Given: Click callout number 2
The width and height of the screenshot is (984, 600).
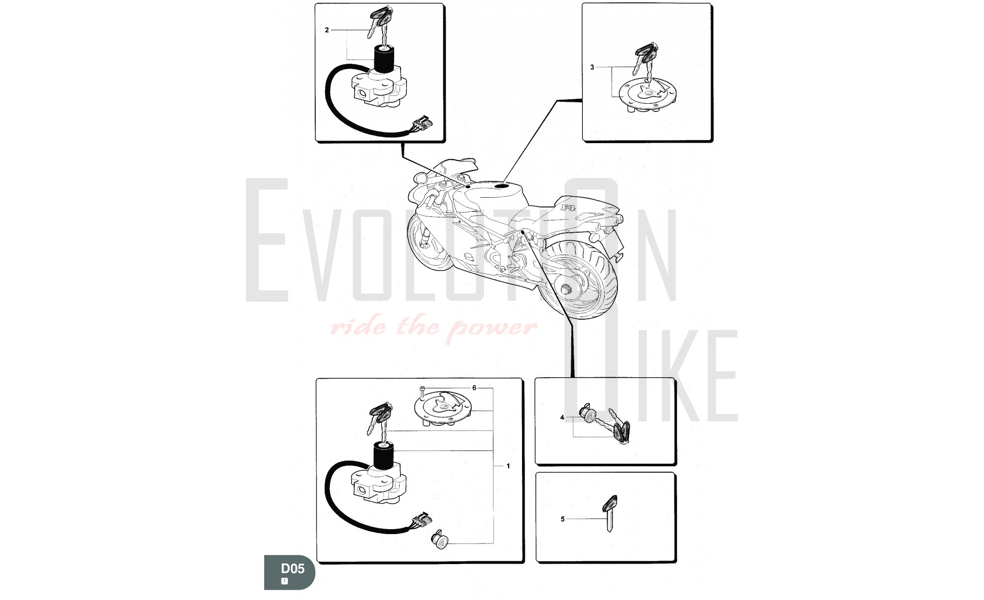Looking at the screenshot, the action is click(x=327, y=30).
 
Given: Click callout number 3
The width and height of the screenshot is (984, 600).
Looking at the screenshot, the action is click(x=592, y=67).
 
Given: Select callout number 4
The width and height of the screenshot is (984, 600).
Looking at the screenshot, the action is click(x=562, y=418).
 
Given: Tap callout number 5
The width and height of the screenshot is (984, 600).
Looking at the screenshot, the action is click(x=562, y=519).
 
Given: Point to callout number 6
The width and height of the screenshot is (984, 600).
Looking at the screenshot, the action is click(x=474, y=388).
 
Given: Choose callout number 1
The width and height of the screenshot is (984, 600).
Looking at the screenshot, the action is click(x=508, y=466).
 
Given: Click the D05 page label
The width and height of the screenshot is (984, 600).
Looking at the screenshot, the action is click(x=292, y=569).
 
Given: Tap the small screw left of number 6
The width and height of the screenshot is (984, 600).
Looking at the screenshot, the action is click(x=422, y=391).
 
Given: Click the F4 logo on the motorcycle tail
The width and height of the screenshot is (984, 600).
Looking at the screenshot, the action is click(x=569, y=208).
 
